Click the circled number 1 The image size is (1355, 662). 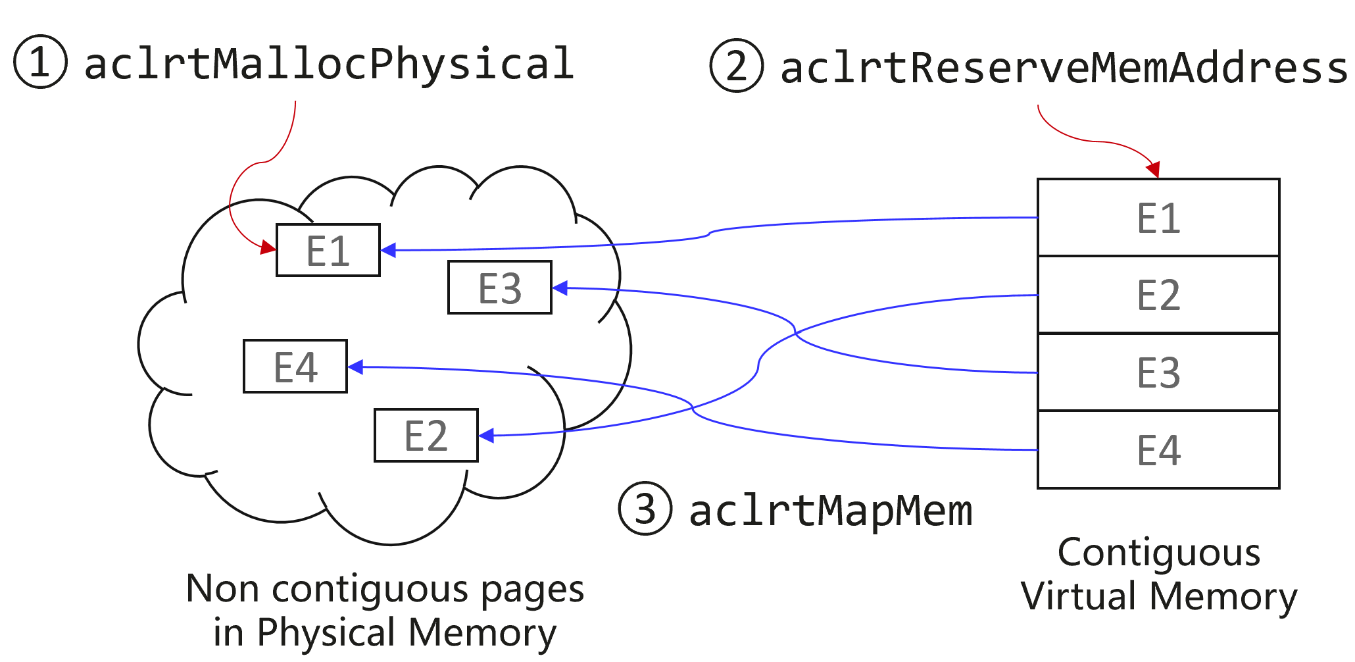click(41, 62)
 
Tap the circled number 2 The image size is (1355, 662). click(737, 66)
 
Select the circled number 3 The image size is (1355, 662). click(645, 509)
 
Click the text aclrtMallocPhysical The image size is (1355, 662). click(329, 64)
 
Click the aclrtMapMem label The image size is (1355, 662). click(830, 511)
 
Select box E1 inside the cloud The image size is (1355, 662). click(328, 250)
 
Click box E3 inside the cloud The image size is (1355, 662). click(500, 288)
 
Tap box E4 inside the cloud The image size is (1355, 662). click(295, 367)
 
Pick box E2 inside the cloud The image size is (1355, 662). click(426, 436)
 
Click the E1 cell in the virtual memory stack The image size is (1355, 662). click(1158, 218)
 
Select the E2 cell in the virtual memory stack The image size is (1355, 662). click(1158, 295)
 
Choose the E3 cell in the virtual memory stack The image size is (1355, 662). click(1158, 372)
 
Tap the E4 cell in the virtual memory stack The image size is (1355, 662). click(1158, 450)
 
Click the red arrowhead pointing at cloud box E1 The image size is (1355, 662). click(268, 247)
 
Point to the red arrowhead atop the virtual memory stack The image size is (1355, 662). click(1153, 169)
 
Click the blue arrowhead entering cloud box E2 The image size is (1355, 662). click(487, 436)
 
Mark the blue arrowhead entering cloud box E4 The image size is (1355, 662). click(356, 367)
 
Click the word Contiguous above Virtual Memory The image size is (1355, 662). click(1159, 553)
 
